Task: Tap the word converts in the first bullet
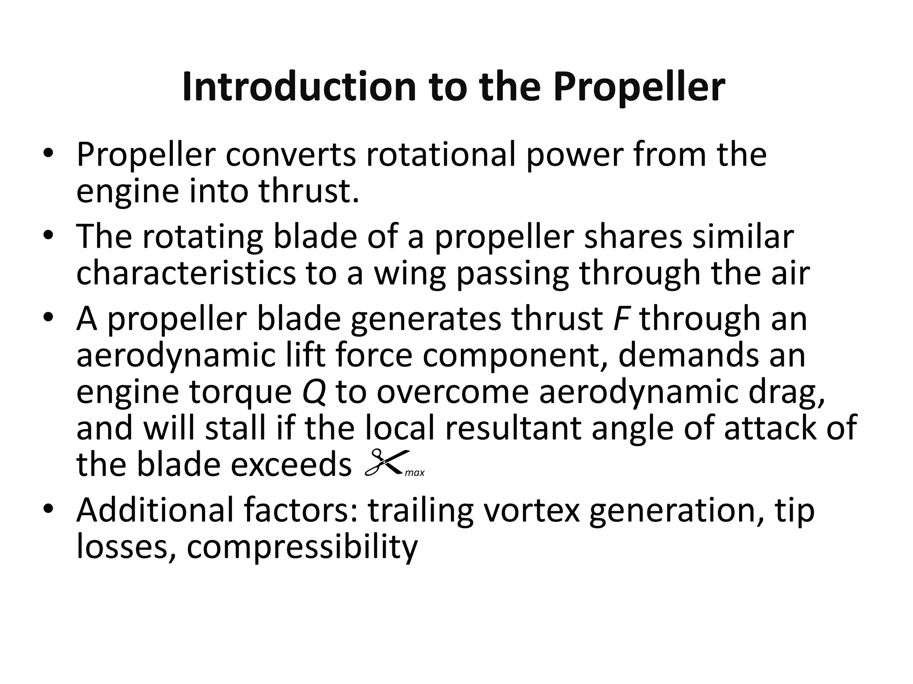point(290,155)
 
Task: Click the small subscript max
point(415,473)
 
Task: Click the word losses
point(126,547)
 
